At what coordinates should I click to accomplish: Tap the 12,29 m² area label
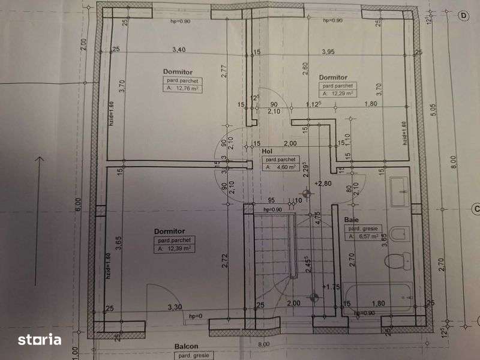click(339, 94)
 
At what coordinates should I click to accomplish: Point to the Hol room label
click(269, 152)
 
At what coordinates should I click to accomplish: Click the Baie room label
click(351, 220)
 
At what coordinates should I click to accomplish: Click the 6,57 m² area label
click(364, 237)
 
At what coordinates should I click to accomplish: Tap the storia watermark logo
click(40, 339)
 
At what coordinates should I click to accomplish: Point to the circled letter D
click(463, 16)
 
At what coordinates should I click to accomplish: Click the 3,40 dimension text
click(178, 50)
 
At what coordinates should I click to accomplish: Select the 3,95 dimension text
click(328, 52)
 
